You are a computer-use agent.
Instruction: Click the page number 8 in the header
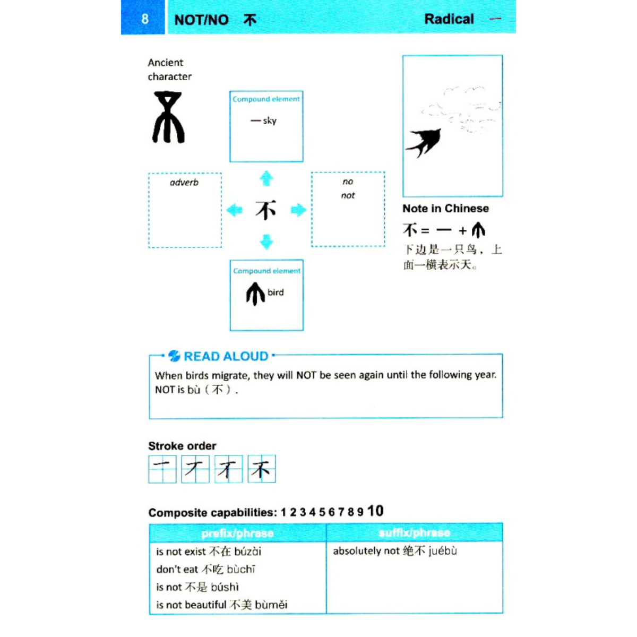click(145, 19)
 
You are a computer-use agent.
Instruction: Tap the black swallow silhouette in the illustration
click(424, 142)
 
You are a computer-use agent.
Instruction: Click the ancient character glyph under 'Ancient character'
click(168, 117)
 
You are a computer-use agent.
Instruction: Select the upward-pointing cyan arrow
click(266, 178)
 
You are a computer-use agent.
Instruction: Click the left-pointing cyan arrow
click(234, 210)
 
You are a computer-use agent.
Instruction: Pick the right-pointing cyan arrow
click(298, 210)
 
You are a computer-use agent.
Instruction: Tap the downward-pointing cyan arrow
click(266, 242)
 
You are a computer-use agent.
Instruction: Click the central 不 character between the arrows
click(266, 210)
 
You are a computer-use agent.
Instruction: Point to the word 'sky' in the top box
click(270, 121)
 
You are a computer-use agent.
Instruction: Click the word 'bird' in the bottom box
click(276, 292)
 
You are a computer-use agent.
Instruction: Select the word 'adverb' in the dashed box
click(184, 183)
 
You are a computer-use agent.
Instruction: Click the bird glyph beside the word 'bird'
click(255, 294)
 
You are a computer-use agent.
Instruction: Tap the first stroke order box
click(162, 469)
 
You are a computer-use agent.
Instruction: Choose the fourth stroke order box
click(262, 469)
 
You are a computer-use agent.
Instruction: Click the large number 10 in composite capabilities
click(375, 511)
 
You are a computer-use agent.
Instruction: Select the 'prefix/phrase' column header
click(237, 533)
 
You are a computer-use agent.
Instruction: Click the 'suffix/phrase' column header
click(414, 532)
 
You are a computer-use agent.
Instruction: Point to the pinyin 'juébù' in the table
click(442, 551)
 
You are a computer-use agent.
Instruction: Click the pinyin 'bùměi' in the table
click(271, 605)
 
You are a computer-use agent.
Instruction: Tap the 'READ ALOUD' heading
click(226, 356)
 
